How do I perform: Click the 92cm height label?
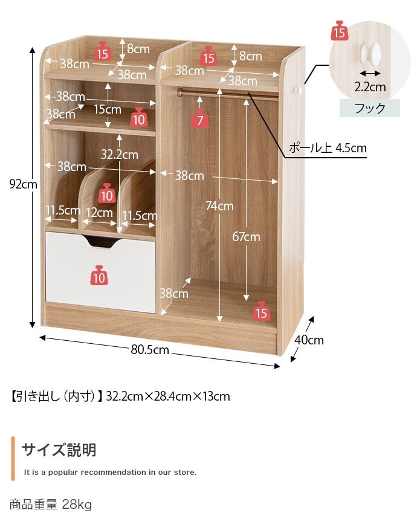tap(23, 184)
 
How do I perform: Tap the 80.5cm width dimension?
tap(150, 350)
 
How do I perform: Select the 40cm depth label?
tap(309, 340)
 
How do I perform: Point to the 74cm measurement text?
tap(219, 206)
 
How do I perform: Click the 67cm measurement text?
tap(246, 236)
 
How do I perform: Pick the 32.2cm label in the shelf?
tap(119, 155)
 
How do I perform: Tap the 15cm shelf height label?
tap(108, 109)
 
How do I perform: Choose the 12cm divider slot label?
tap(99, 213)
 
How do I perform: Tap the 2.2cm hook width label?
tap(370, 87)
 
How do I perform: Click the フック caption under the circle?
tap(370, 108)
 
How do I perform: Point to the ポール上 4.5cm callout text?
tap(328, 148)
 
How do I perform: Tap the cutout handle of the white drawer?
tap(102, 242)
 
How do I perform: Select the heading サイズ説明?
tap(59, 450)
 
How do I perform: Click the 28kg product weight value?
tap(77, 505)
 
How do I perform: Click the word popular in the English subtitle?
tap(63, 473)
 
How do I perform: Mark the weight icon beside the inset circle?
tap(339, 30)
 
